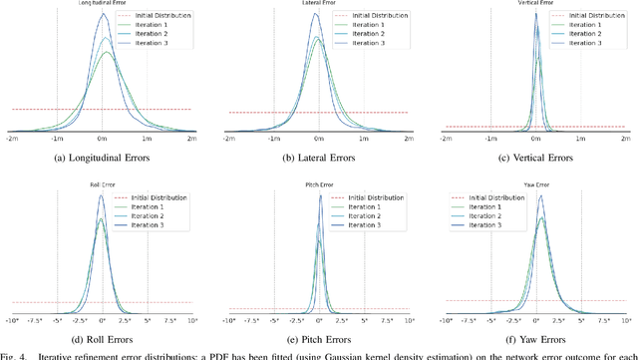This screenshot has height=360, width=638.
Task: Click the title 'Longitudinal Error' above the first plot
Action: click(x=103, y=5)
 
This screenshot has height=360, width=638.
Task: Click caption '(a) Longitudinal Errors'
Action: click(x=103, y=158)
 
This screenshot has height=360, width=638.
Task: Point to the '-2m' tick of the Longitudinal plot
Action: click(x=12, y=140)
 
